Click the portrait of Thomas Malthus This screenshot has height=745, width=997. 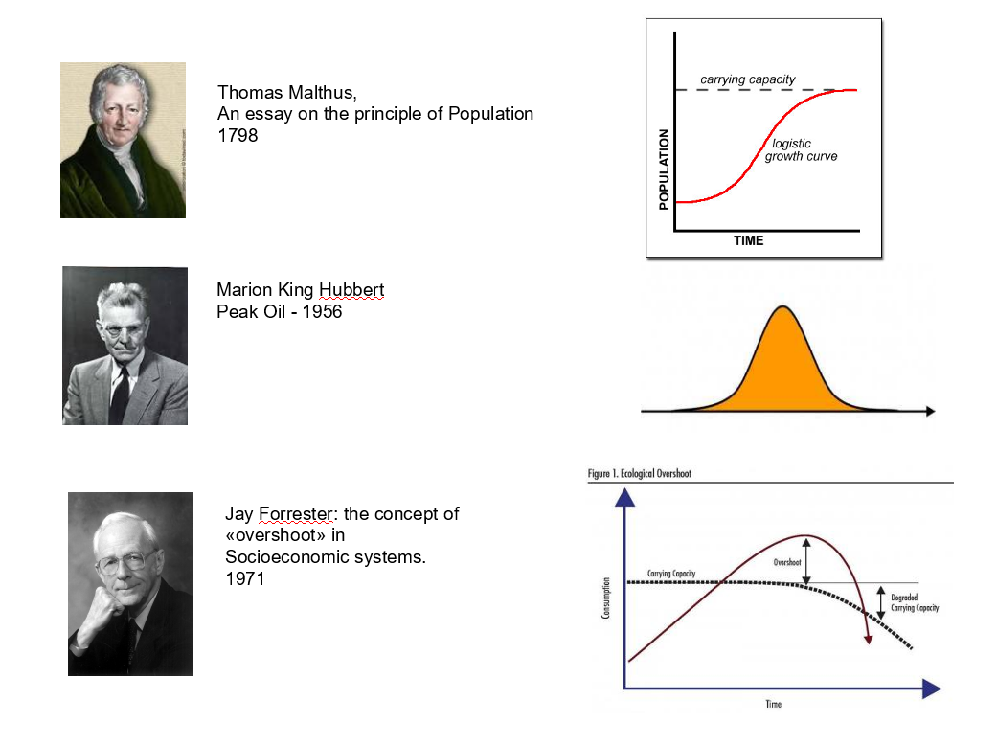coord(123,140)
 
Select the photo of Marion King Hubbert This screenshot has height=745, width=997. coord(125,346)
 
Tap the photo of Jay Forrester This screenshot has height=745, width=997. coord(129,583)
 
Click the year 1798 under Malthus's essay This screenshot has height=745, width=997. coord(238,136)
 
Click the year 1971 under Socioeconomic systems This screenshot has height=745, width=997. coord(244,578)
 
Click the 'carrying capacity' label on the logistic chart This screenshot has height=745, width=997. coord(747,79)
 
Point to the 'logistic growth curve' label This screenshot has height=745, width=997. coord(800,150)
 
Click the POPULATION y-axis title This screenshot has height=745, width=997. coord(664,169)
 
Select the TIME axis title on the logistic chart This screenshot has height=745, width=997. coord(748,240)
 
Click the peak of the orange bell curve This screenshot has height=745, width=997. coord(783,308)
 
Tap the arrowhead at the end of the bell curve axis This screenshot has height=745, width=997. coord(929,411)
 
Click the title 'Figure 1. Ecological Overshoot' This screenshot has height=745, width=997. coord(639,474)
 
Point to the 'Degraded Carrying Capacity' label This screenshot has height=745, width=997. coord(915,602)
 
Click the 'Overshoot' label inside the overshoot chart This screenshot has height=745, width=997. coord(786,562)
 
